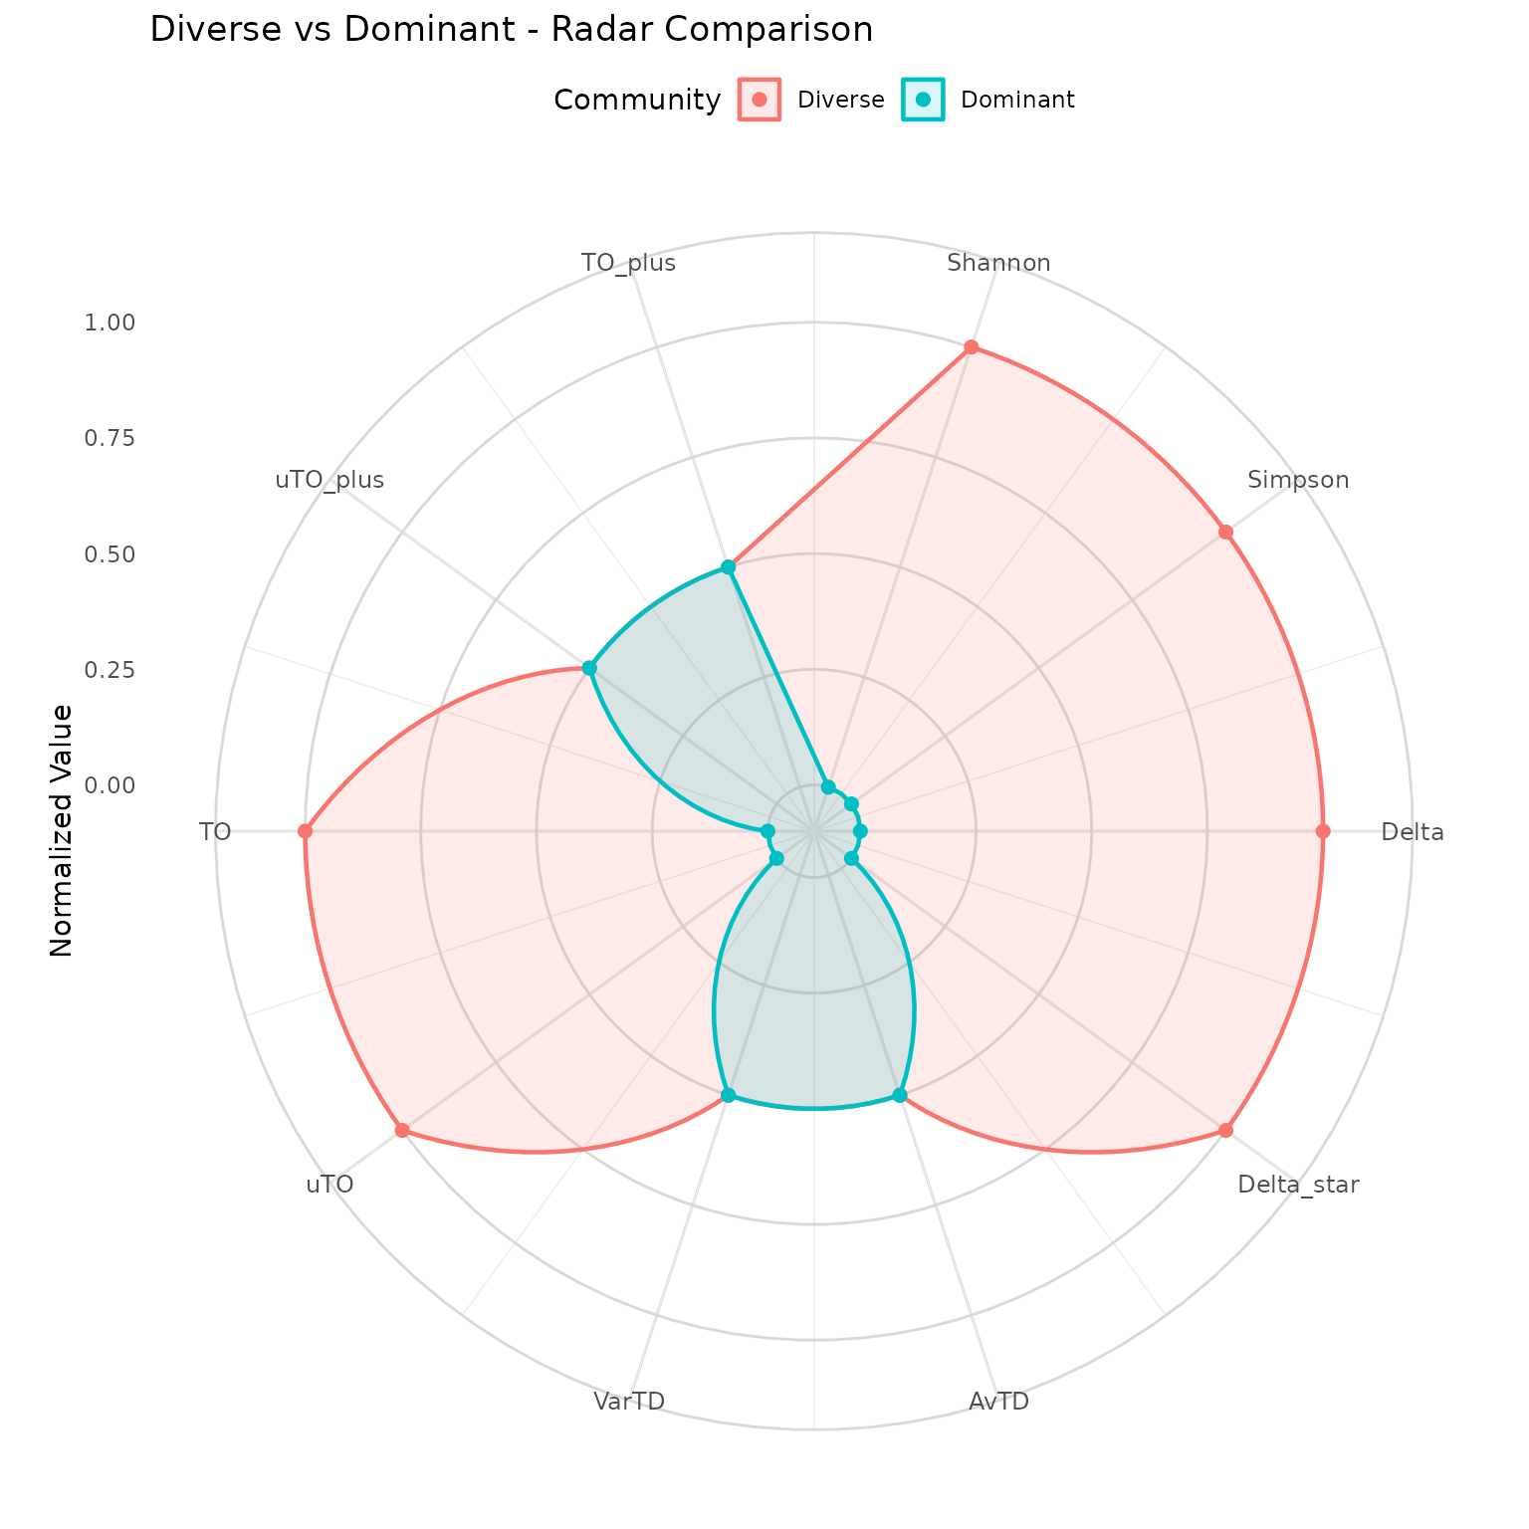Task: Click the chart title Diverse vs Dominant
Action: [x=511, y=30]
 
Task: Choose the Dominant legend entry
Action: [x=988, y=100]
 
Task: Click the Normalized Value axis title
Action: [x=62, y=831]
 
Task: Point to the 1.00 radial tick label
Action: [x=109, y=323]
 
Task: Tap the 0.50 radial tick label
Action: [x=109, y=553]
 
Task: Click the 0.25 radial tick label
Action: [x=109, y=669]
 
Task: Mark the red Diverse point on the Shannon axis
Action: [x=971, y=347]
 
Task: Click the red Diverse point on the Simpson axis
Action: [x=1225, y=532]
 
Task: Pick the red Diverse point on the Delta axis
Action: [x=1322, y=831]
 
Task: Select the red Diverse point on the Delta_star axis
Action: [x=1225, y=1130]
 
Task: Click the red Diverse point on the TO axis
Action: [x=305, y=831]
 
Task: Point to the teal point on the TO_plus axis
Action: [x=728, y=567]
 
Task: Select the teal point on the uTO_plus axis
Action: [x=589, y=667]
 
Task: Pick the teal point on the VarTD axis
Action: [x=728, y=1095]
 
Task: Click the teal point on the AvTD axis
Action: [x=900, y=1095]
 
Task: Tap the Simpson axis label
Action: [x=1298, y=480]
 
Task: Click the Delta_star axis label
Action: [x=1298, y=1185]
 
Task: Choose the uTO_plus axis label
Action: [x=329, y=480]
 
